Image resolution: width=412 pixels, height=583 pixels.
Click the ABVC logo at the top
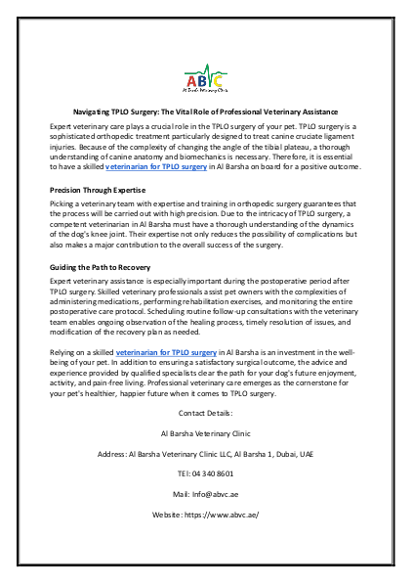[x=205, y=75]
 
